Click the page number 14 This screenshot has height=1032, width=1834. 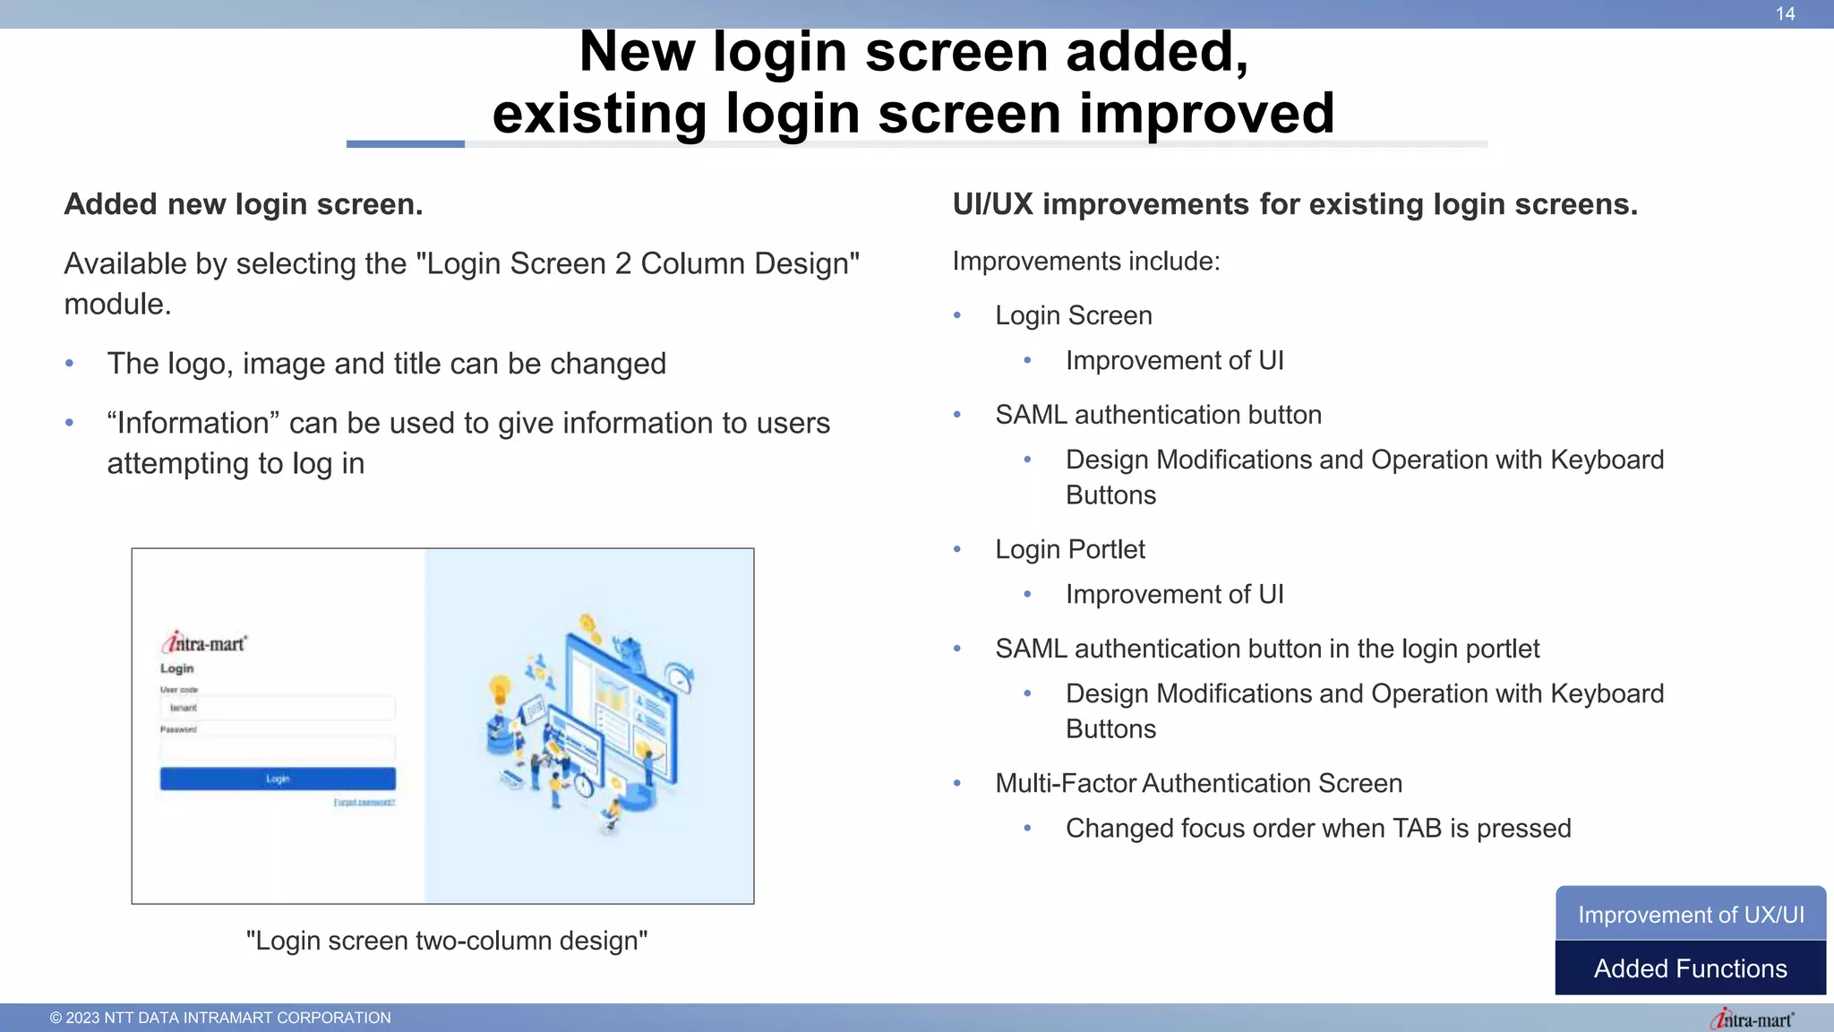(x=1785, y=13)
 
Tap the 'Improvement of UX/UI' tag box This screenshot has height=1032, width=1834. (x=1690, y=914)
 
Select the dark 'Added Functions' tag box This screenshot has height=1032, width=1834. (x=1690, y=968)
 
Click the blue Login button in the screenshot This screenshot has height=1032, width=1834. (x=278, y=778)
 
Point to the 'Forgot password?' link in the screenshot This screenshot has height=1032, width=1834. (x=364, y=803)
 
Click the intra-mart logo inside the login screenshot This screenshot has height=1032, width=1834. (x=204, y=643)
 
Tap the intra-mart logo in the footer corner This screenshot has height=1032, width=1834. (x=1752, y=1019)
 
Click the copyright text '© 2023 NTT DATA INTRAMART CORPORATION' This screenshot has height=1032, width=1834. (x=220, y=1018)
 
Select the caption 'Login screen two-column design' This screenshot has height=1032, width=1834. (x=446, y=941)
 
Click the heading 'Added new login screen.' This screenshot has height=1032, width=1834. (x=243, y=204)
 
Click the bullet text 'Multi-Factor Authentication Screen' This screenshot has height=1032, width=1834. (x=1198, y=783)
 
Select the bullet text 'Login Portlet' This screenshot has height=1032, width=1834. (x=1070, y=549)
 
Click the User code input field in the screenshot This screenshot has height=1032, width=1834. (x=278, y=708)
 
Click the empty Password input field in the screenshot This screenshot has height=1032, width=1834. (x=278, y=748)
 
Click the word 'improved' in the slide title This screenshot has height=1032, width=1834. (x=1206, y=114)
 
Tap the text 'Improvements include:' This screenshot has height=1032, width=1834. (x=1086, y=261)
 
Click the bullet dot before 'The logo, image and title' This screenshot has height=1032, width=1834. (x=70, y=364)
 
